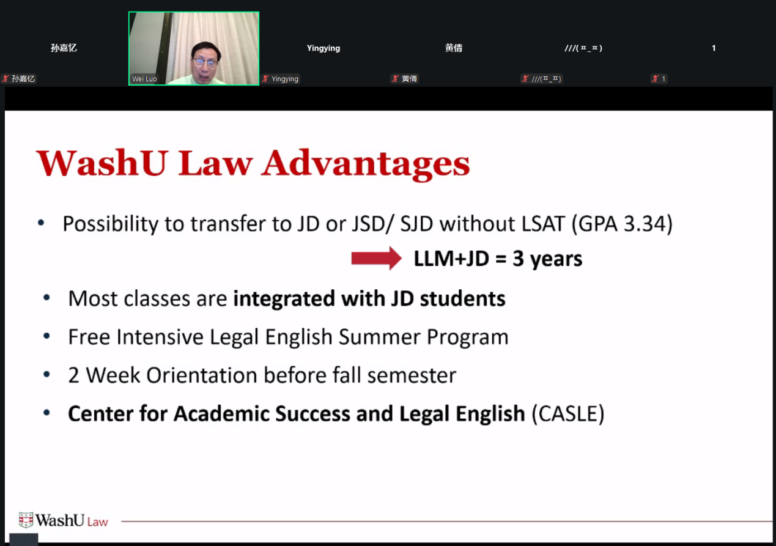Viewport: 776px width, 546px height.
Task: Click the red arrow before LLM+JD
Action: point(376,258)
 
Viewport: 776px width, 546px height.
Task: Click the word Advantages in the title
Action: point(366,164)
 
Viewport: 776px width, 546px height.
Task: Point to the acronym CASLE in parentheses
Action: point(568,413)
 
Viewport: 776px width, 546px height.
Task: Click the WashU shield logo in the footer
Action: point(26,520)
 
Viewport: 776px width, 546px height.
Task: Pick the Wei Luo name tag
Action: point(144,79)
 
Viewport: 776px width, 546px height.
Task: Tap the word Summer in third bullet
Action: point(379,337)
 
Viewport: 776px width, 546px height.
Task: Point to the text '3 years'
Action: point(547,259)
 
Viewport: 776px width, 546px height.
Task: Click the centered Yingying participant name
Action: point(323,48)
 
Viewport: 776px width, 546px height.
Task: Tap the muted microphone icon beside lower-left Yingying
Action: point(265,79)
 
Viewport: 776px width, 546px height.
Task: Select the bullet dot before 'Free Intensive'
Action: point(46,336)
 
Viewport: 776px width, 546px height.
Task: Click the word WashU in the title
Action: point(102,163)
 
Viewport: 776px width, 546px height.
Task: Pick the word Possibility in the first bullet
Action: point(110,224)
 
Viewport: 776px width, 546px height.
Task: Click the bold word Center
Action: point(100,413)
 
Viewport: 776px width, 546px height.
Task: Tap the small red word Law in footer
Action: point(98,522)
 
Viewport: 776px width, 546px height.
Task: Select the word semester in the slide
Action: point(412,375)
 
